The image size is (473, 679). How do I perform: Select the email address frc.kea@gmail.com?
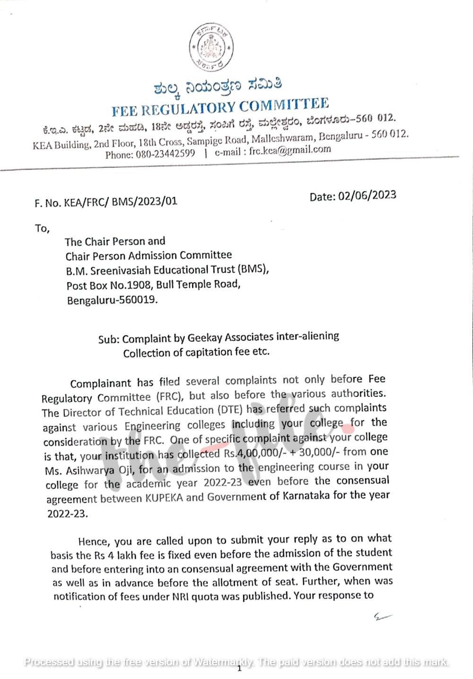pos(290,150)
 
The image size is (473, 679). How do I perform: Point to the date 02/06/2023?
pos(367,195)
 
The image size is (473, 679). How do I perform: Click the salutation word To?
pos(42,229)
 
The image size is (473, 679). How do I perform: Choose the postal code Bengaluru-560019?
pos(112,300)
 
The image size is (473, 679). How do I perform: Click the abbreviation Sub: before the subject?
pos(109,339)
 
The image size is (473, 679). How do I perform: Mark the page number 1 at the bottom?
pos(239,668)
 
